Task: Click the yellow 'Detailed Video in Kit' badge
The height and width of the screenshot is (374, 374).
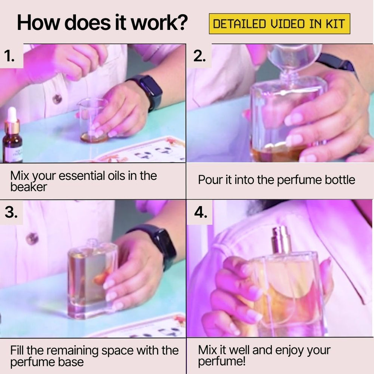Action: [x=279, y=24]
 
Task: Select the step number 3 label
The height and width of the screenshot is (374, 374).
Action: [x=11, y=212]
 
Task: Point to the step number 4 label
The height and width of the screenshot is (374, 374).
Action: [x=201, y=213]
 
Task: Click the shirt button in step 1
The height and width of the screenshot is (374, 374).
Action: [x=57, y=99]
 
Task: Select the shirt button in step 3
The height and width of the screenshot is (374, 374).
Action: [x=32, y=238]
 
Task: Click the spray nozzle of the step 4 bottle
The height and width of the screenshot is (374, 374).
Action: [x=282, y=239]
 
